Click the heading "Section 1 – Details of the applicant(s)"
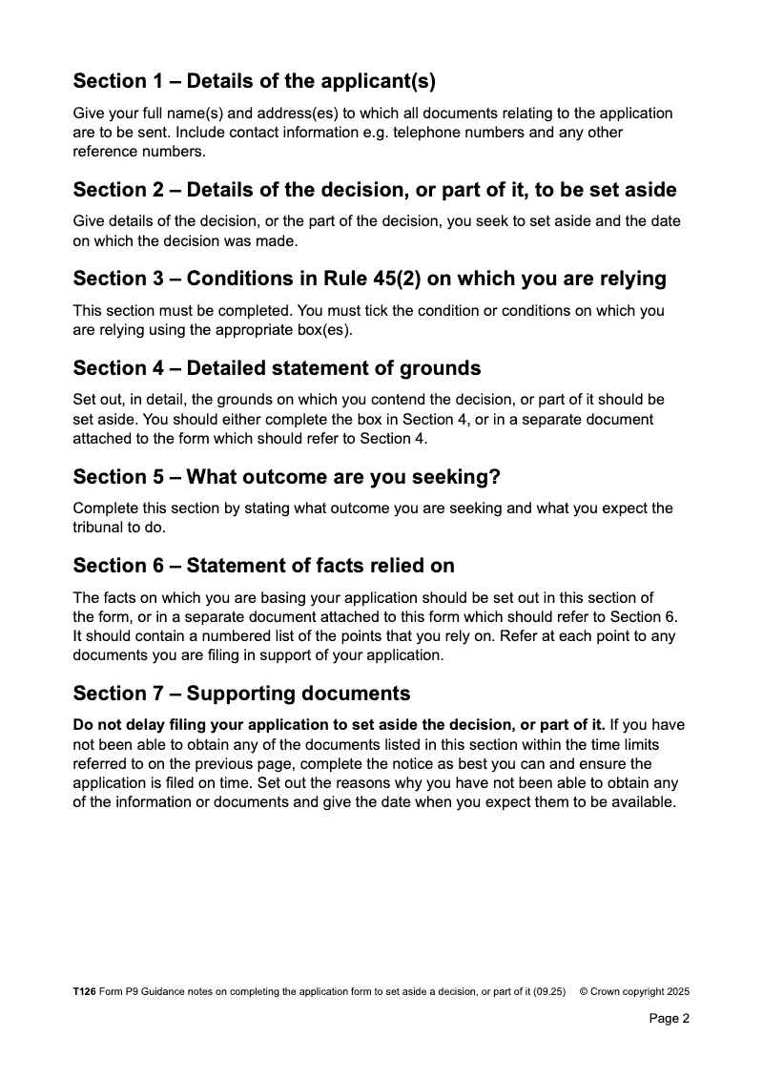[x=254, y=81]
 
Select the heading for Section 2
[x=375, y=190]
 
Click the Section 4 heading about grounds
[x=277, y=367]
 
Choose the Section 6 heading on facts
[x=263, y=566]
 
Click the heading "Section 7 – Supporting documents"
[x=241, y=694]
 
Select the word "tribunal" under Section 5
[x=99, y=528]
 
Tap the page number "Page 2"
[x=669, y=1018]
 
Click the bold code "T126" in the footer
[x=84, y=992]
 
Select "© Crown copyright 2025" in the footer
[x=634, y=992]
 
